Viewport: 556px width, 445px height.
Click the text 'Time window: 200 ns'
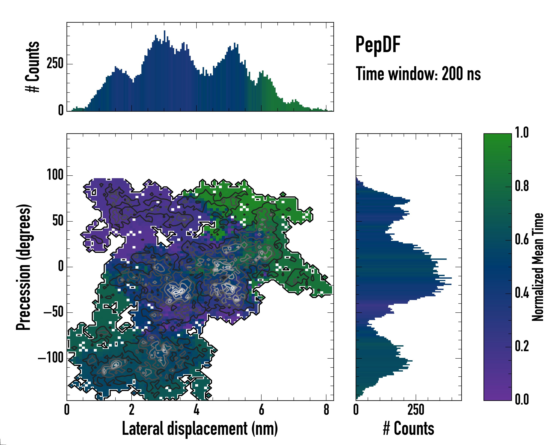pos(418,74)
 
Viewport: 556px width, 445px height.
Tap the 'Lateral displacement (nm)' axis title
pos(200,428)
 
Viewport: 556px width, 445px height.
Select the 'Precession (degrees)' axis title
pos(24,267)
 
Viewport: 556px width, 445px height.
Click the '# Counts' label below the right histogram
pos(408,428)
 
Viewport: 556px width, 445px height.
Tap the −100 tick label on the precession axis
pos(51,358)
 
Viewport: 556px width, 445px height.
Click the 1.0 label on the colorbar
pos(522,133)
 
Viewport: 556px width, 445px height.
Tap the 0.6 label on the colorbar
pos(522,240)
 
